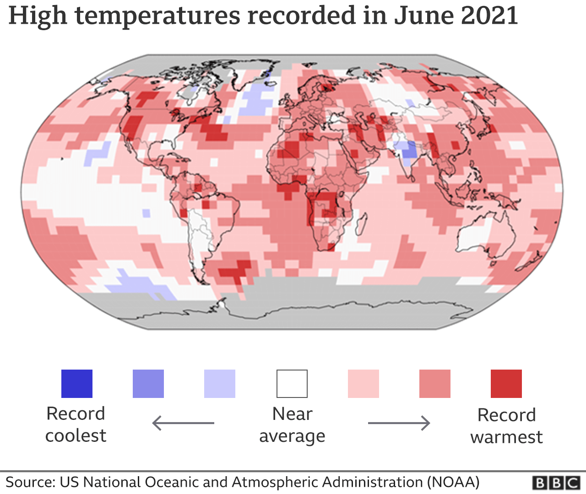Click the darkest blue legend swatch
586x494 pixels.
click(x=77, y=384)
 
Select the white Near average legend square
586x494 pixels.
click(x=292, y=384)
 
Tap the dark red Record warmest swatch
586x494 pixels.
click(x=506, y=384)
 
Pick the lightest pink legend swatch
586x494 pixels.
click(x=364, y=384)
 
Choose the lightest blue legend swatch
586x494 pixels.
click(x=220, y=384)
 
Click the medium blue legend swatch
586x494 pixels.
click(x=148, y=384)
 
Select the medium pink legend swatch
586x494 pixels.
click(x=435, y=384)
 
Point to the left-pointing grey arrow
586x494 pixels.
click(x=183, y=423)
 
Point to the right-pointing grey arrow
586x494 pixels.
click(x=399, y=423)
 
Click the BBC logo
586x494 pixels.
click(x=556, y=483)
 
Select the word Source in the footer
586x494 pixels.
click(x=29, y=483)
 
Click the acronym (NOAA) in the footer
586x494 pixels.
click(x=453, y=483)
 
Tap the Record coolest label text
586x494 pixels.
click(x=76, y=424)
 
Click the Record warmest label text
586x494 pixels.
click(x=506, y=426)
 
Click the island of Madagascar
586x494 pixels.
click(x=361, y=224)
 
